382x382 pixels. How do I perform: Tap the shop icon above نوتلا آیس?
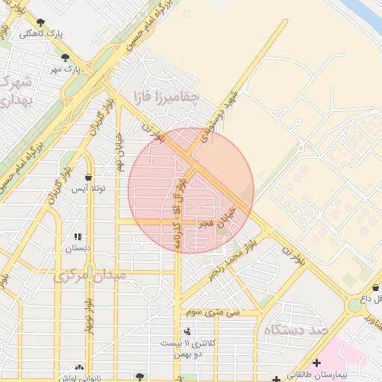click(90, 178)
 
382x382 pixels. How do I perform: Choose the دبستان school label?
click(77, 246)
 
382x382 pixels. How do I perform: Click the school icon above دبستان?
click(77, 236)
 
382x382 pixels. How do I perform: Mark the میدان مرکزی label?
click(90, 275)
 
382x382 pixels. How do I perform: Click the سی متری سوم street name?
click(213, 313)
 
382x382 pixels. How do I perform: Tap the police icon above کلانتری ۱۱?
click(187, 331)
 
